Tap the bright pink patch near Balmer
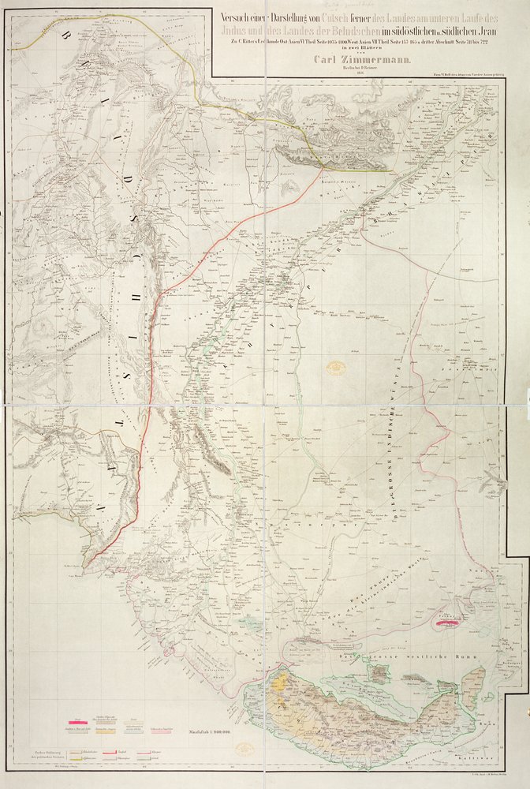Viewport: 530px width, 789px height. click(x=447, y=623)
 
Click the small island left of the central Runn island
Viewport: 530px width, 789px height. click(x=382, y=671)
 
